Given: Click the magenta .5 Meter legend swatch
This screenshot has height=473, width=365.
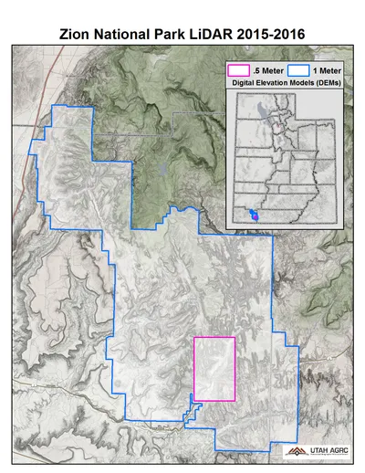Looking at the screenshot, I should [x=238, y=68].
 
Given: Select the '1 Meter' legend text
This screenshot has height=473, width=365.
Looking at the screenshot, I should [x=326, y=68].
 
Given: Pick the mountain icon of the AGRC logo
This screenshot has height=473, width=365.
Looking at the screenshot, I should [x=294, y=451].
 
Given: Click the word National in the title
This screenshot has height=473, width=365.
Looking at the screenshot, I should [x=124, y=34].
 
